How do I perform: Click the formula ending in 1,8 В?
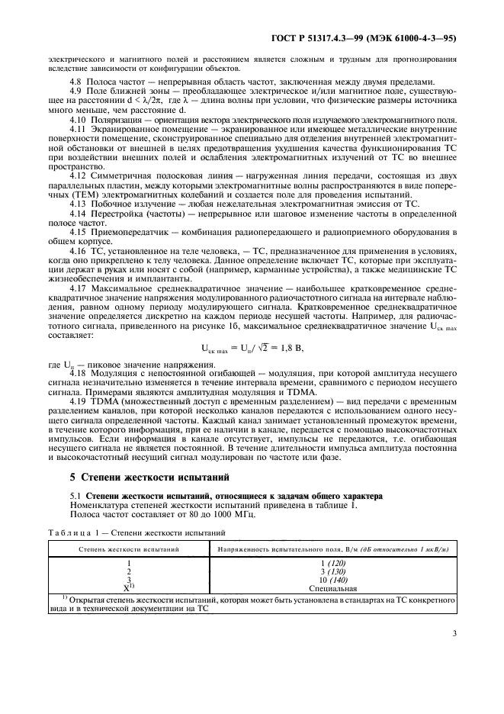(x=252, y=347)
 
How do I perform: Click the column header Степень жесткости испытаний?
(x=129, y=548)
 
